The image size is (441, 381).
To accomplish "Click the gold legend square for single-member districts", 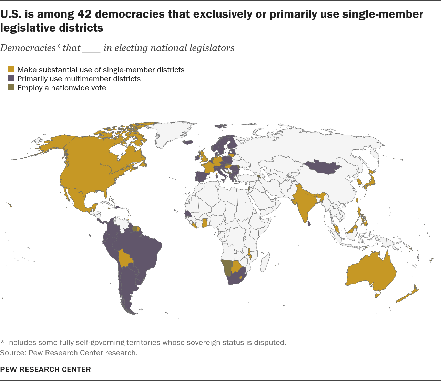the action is click(x=11, y=69).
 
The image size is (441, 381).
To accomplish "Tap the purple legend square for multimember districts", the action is click(x=11, y=78).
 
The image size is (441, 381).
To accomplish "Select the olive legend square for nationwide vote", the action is click(x=11, y=87).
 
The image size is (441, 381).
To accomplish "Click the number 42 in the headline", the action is click(x=84, y=14).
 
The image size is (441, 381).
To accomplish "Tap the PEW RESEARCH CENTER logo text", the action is click(x=45, y=370).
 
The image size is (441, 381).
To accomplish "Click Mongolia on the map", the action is click(x=322, y=167).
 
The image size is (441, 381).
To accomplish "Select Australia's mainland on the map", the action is click(x=371, y=271).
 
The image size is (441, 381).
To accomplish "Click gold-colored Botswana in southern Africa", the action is click(x=236, y=266).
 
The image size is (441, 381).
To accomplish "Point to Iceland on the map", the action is click(x=188, y=142).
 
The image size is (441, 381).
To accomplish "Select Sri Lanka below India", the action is click(x=309, y=223).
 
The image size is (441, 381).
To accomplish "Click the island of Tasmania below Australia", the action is click(x=377, y=295).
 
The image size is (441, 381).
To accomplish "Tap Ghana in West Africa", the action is click(x=204, y=223).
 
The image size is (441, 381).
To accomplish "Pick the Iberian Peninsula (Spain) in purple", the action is click(x=202, y=176).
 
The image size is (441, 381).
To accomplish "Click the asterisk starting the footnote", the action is click(x=2, y=341).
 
